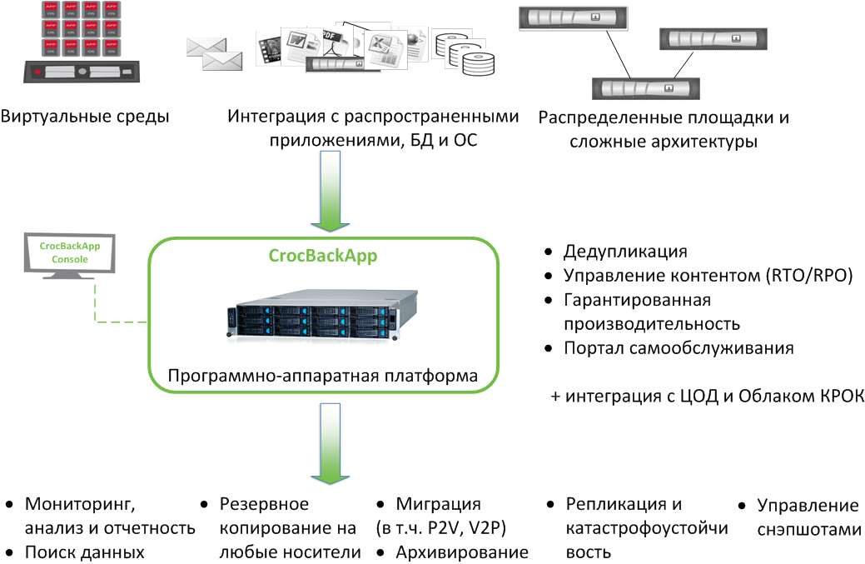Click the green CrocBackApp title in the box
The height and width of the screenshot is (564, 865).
323,256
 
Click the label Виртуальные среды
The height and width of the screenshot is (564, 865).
85,117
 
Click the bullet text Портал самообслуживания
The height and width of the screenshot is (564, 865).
679,348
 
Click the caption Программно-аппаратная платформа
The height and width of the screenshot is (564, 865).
323,377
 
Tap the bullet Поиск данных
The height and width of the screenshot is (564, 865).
85,552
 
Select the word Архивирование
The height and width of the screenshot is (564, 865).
462,552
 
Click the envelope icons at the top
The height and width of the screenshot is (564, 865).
214,54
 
